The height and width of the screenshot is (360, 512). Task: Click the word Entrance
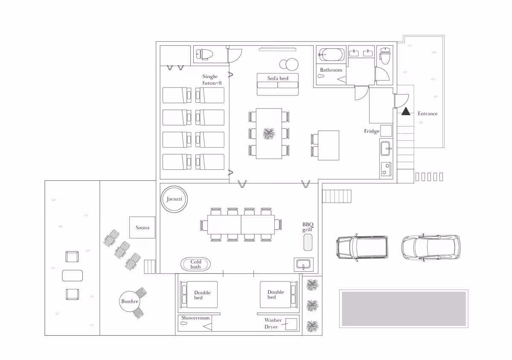[428, 113]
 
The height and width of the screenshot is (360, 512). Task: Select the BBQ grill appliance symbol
[308, 242]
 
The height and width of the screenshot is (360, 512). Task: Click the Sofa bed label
[278, 78]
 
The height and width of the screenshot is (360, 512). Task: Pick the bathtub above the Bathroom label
[332, 55]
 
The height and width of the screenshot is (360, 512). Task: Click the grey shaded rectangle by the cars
[404, 309]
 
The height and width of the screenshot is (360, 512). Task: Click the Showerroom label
[195, 318]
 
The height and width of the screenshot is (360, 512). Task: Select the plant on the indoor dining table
[269, 134]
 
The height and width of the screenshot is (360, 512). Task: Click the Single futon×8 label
[212, 80]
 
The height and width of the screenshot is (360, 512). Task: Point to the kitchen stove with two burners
[386, 169]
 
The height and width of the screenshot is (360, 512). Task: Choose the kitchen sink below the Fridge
[386, 148]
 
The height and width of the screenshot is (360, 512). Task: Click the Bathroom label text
[331, 70]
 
